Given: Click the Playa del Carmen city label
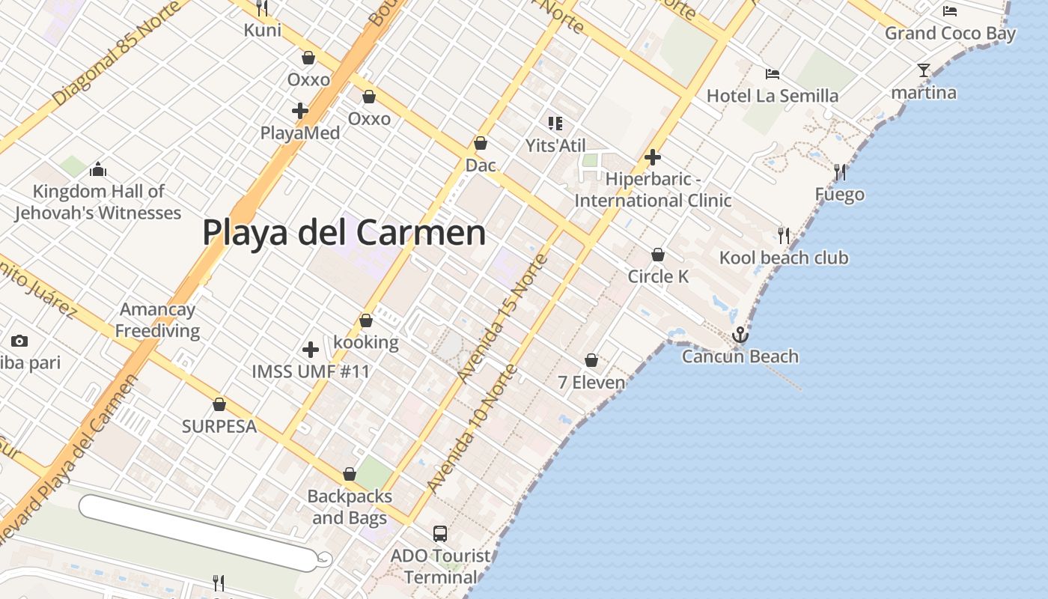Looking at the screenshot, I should tap(344, 232).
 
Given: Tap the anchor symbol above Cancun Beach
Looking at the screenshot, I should tap(740, 335).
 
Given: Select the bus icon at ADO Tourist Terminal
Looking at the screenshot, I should tap(440, 534).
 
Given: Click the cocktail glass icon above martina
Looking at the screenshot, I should tap(924, 71).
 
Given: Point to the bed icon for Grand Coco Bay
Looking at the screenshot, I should tap(950, 11).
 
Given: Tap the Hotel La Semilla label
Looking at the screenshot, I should tap(773, 96).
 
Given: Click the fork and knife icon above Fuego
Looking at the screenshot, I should tap(840, 173).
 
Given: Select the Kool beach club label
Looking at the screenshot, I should tap(784, 258).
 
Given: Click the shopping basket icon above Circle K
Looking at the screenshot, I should tap(658, 255).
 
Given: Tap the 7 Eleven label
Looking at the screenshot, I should tap(591, 383).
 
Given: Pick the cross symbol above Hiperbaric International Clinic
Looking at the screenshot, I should tap(653, 158).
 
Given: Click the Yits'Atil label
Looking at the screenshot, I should tap(555, 145).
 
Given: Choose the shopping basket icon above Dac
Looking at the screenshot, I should tap(481, 143).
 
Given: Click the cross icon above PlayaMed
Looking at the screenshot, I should tap(300, 112).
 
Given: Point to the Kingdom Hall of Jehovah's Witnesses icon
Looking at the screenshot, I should tap(98, 170).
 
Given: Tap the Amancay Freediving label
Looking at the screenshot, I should tap(157, 320).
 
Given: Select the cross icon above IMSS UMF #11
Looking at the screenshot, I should tap(311, 350).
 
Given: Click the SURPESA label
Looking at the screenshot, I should tap(219, 427).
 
